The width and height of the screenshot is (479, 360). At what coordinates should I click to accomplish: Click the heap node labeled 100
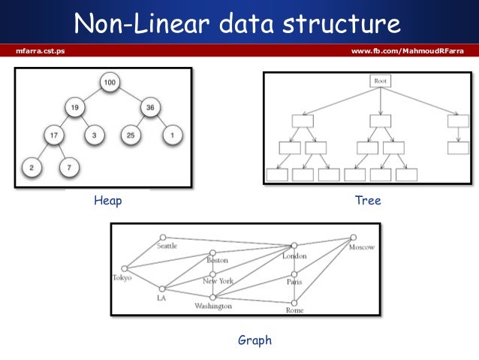110,81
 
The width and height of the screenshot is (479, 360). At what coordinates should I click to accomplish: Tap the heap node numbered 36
149,107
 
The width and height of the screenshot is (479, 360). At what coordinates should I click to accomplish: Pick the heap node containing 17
52,136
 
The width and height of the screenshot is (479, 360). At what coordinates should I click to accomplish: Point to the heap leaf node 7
70,166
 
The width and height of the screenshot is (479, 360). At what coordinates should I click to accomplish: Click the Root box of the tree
381,80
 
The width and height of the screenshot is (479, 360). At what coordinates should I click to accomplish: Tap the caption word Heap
107,201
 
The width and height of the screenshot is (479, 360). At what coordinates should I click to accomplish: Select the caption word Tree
369,201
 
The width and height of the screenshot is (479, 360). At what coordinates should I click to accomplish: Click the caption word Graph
255,340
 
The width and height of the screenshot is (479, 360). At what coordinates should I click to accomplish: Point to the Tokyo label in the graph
122,277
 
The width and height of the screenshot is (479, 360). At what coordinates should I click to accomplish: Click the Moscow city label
361,247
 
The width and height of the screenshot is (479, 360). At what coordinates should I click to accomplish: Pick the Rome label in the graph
294,310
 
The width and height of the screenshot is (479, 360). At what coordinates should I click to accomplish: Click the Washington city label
213,307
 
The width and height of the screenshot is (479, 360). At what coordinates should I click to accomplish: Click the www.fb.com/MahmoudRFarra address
408,50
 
